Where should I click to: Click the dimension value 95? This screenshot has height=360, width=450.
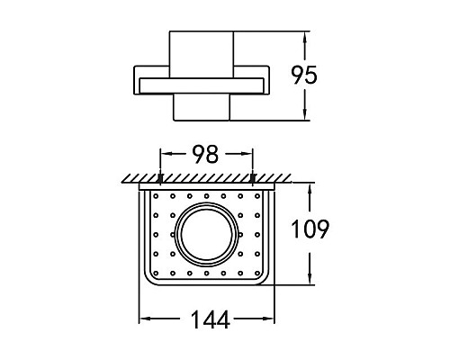point(304,75)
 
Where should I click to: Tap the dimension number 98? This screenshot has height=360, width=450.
point(205,154)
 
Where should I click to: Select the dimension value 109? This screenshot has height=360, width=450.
point(310,229)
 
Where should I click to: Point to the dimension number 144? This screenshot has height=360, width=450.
point(211,319)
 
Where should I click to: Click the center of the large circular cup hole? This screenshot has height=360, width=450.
point(207,234)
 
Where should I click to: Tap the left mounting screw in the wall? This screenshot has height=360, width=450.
point(160,178)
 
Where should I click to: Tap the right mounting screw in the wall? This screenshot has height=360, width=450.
point(253,178)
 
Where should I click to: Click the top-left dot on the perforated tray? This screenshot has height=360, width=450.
point(156,196)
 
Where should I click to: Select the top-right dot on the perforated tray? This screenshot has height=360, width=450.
point(257,196)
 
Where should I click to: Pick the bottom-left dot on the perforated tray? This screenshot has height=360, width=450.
point(156,273)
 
